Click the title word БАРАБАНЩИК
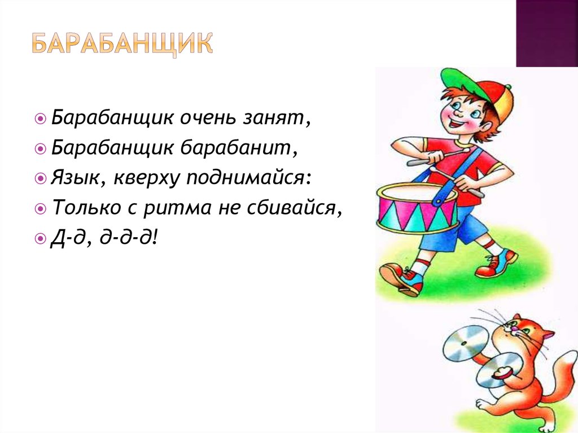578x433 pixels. click(x=122, y=43)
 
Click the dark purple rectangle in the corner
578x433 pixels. click(x=546, y=33)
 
